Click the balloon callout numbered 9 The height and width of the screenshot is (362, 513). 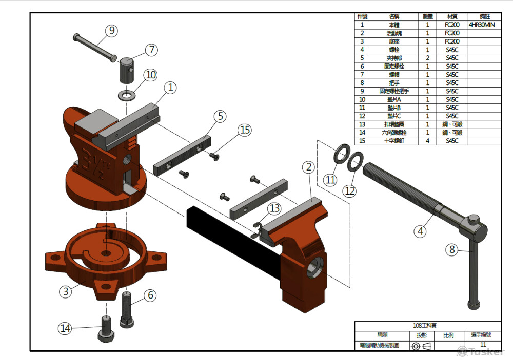click(x=112, y=31)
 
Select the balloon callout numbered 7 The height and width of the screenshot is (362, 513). click(x=151, y=50)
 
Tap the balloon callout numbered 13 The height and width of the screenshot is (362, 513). click(x=275, y=208)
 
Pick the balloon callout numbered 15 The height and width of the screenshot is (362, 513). click(x=245, y=130)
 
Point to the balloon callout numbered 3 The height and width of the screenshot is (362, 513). click(x=65, y=291)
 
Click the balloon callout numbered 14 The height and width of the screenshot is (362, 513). click(x=65, y=329)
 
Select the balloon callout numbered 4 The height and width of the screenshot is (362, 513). click(x=421, y=231)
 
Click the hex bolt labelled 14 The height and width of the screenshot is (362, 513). click(x=105, y=330)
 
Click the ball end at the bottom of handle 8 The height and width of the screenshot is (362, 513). click(x=475, y=305)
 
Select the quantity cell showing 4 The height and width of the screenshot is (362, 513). click(x=427, y=141)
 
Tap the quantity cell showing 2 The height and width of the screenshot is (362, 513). click(x=427, y=58)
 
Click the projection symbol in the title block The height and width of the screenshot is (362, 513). click(x=421, y=347)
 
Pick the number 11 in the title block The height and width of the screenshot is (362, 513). click(x=483, y=345)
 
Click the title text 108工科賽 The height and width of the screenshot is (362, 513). click(x=427, y=326)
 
